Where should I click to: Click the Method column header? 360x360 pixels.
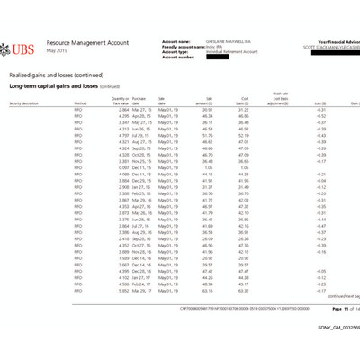point(79,103)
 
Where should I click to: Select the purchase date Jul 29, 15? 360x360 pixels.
point(142,135)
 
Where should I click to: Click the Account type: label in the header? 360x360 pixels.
point(177,52)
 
